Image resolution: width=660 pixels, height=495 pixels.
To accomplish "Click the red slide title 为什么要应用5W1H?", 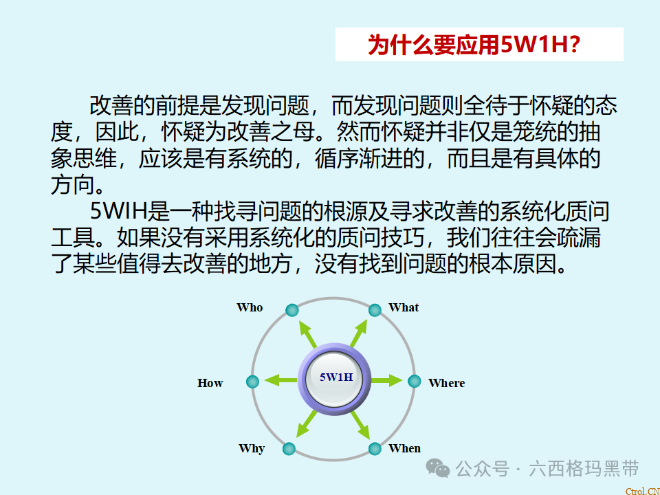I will point(475,45).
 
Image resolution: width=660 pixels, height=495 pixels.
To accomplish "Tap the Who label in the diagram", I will point(250,307).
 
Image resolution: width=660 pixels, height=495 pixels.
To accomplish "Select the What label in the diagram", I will point(404,307).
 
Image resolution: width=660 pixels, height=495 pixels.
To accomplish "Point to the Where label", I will point(446,383).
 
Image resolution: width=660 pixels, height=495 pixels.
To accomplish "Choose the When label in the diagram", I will point(404,448).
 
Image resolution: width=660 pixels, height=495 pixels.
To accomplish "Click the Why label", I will point(252,448).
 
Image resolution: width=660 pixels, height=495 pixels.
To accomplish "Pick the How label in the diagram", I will point(210,383).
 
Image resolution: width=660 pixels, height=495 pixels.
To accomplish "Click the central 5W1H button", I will point(335,377).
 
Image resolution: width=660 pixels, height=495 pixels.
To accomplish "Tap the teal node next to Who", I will point(291,310).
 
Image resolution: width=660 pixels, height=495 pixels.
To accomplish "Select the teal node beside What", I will point(375,310).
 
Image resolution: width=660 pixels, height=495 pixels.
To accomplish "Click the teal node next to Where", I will point(414,381).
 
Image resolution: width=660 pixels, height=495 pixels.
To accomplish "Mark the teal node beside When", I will point(375,449).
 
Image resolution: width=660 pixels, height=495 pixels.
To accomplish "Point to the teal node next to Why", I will point(289,449).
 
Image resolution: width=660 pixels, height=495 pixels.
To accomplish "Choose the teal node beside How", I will point(252,381).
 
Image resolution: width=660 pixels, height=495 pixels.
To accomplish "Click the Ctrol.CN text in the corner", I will point(641,490).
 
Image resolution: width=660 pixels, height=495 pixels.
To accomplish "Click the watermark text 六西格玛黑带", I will point(584,469).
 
